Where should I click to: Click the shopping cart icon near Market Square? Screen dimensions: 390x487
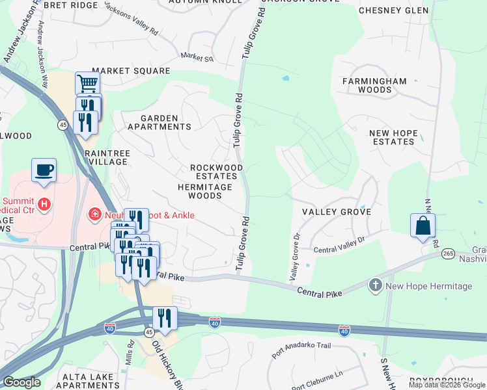[87, 83]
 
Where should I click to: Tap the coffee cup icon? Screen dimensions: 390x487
[44, 170]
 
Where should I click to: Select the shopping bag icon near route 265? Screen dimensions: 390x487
[423, 226]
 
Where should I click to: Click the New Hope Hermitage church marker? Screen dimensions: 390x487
[375, 285]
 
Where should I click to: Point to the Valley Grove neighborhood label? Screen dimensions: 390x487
[337, 212]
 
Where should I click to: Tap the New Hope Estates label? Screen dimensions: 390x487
[393, 137]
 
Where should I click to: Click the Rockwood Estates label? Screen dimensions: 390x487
[216, 172]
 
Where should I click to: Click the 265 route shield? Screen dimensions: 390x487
[447, 253]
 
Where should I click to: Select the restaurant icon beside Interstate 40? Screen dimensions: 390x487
[165, 318]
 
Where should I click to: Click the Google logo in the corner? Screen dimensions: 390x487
[21, 382]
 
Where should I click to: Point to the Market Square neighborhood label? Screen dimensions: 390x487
[131, 71]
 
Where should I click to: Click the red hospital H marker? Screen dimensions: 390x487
[44, 205]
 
